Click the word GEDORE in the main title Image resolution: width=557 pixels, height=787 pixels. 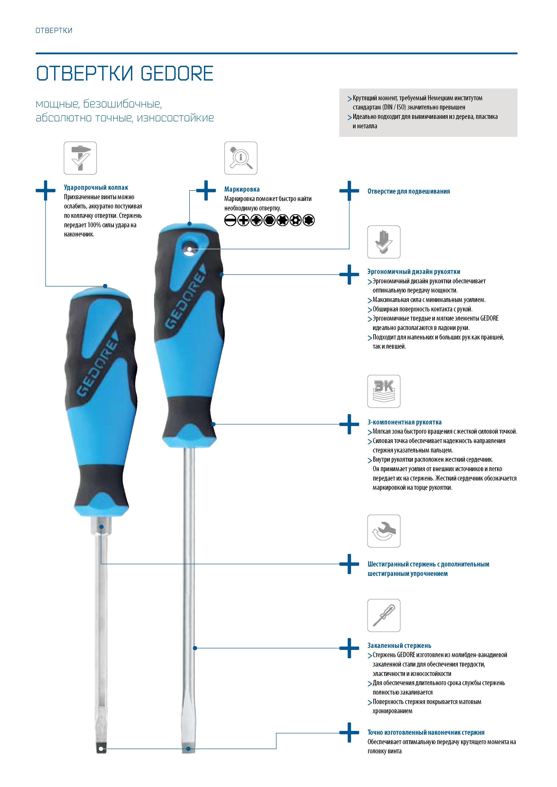click(177, 73)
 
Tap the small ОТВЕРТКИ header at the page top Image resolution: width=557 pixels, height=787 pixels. click(54, 31)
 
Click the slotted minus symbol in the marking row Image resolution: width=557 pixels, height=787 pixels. click(230, 220)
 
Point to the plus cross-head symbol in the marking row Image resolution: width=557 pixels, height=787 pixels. click(243, 220)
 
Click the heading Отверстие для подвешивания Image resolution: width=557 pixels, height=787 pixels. click(408, 191)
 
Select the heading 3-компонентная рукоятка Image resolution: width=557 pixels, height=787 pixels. click(404, 422)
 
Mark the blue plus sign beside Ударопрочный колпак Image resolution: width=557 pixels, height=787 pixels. click(46, 190)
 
